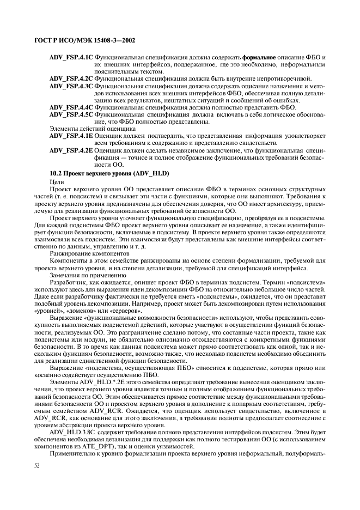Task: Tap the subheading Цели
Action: pyautogui.click(x=57, y=181)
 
